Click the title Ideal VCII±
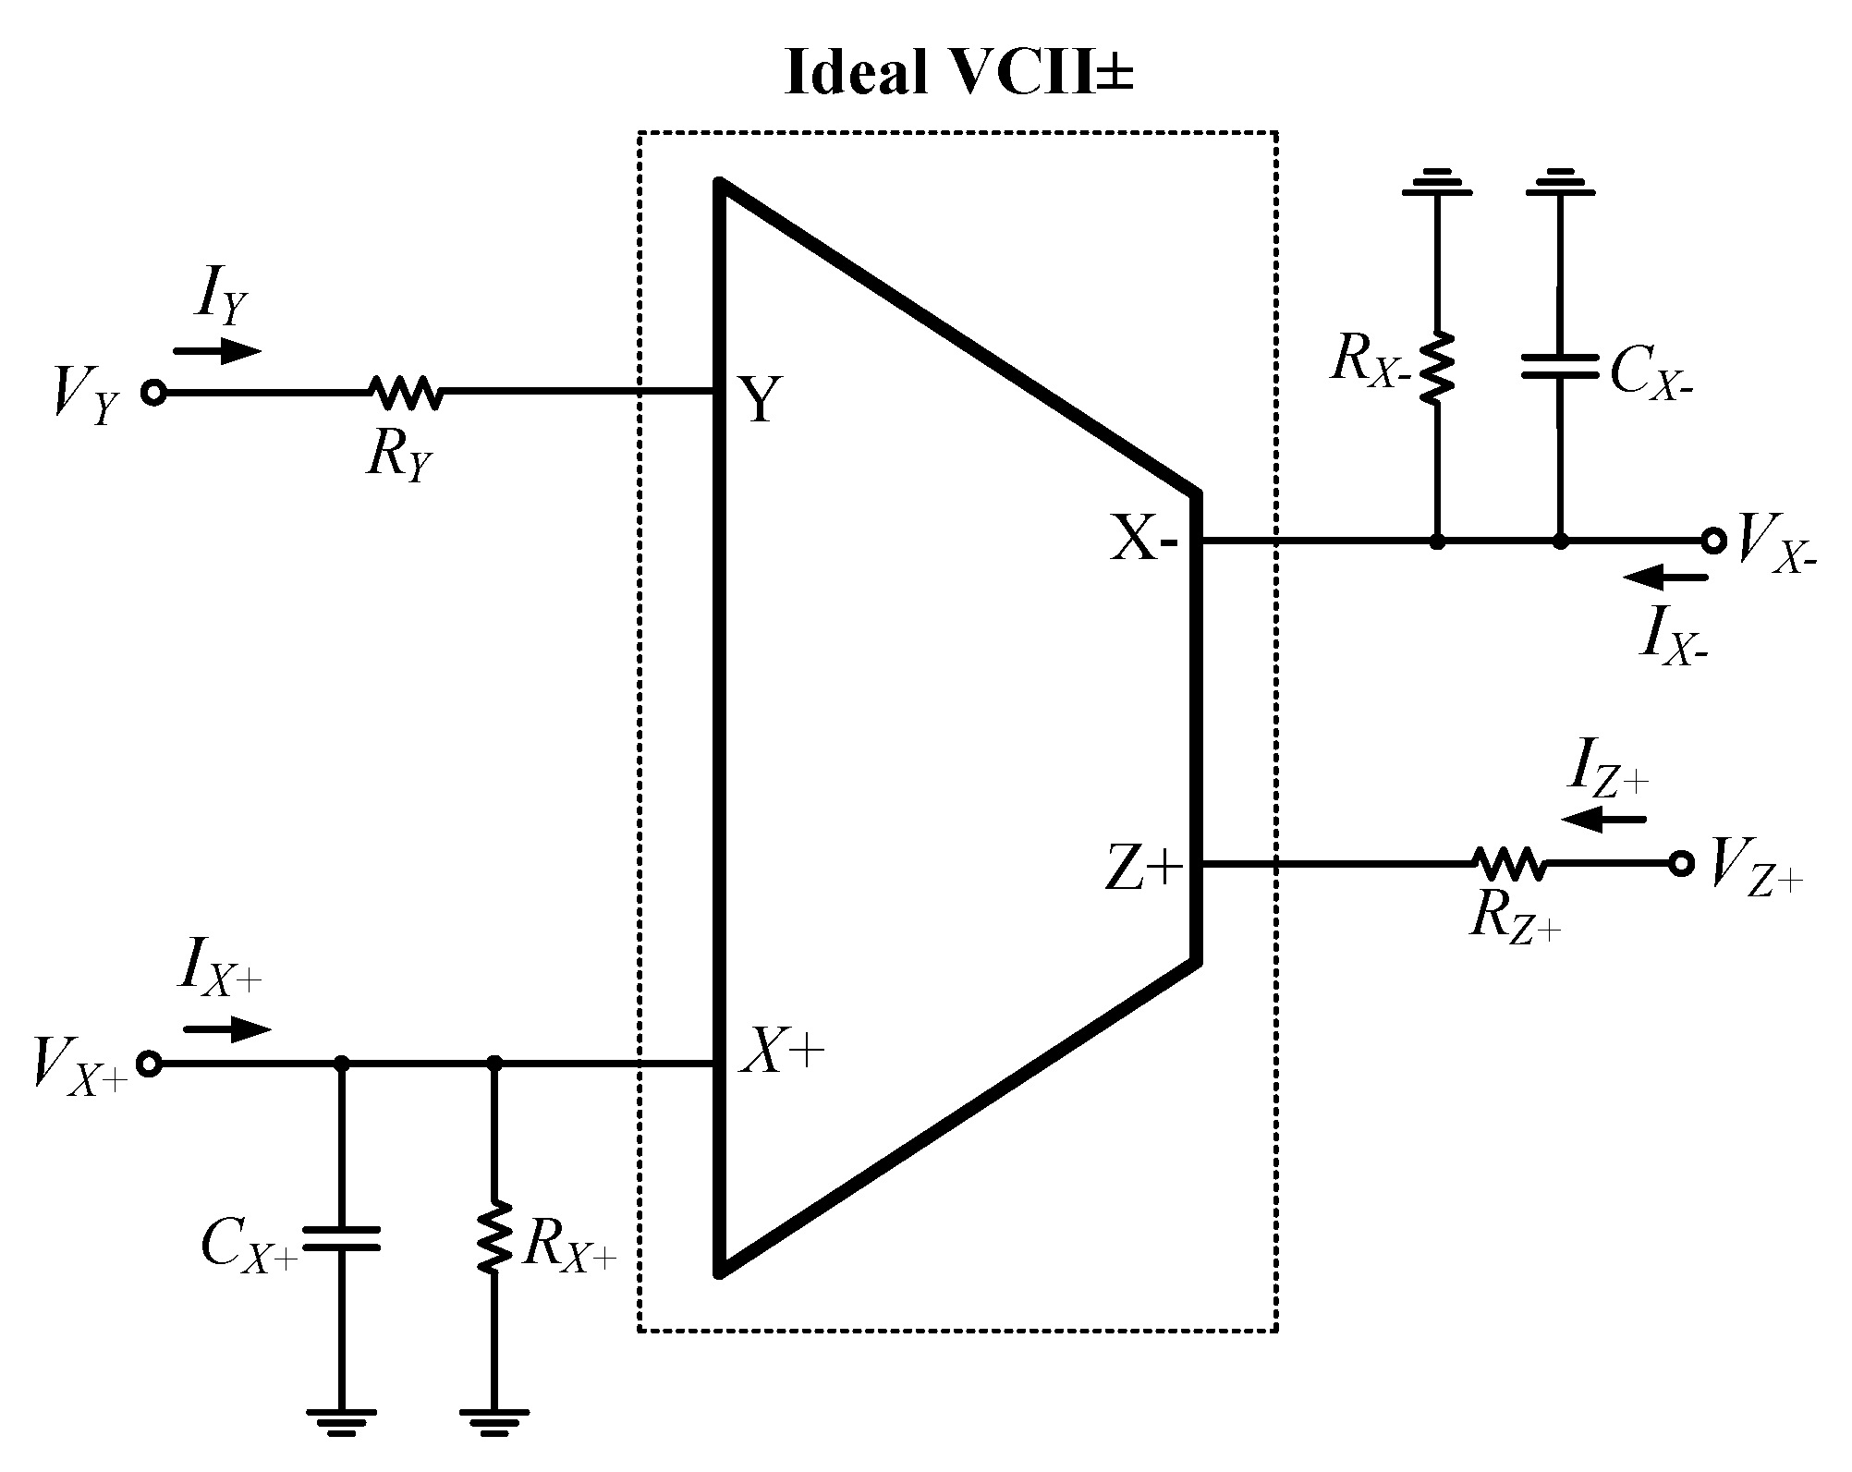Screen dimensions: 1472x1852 pyautogui.click(x=958, y=72)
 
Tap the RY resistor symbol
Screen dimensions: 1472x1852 pyautogui.click(x=407, y=392)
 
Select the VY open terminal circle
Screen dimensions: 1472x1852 pyautogui.click(x=153, y=393)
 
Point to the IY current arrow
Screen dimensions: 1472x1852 pyautogui.click(x=218, y=351)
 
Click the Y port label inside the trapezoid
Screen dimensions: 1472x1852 pyautogui.click(x=760, y=401)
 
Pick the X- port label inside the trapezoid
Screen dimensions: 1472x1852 pyautogui.click(x=1144, y=539)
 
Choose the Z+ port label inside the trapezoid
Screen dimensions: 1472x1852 pyautogui.click(x=1144, y=870)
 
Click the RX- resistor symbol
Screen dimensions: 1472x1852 pyautogui.click(x=1436, y=367)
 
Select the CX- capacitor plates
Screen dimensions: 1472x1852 pyautogui.click(x=1560, y=367)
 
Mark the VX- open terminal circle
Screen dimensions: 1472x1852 pyautogui.click(x=1713, y=541)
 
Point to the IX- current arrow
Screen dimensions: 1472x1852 pyautogui.click(x=1665, y=578)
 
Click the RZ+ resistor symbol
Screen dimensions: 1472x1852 pyautogui.click(x=1508, y=864)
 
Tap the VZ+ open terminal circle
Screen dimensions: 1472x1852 pyautogui.click(x=1682, y=864)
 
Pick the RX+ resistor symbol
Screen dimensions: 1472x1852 pyautogui.click(x=494, y=1236)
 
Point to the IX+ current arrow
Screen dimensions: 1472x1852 pyautogui.click(x=227, y=1028)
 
